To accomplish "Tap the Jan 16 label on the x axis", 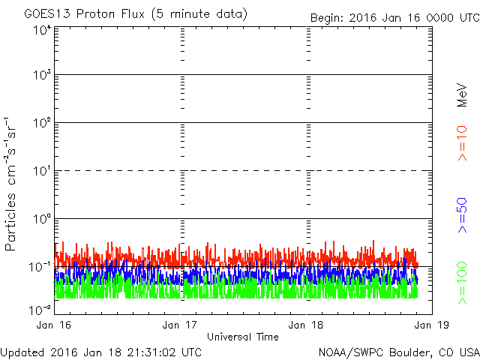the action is (54, 325).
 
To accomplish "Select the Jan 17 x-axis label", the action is (180, 325).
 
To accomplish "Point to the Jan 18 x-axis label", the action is (306, 325).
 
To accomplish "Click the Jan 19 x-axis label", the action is (432, 325).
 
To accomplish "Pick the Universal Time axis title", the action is (243, 337).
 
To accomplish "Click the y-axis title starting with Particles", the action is (10, 184).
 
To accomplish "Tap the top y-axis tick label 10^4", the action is (42, 31).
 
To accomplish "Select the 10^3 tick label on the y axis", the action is (42, 75).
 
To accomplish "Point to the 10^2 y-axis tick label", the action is (42, 123).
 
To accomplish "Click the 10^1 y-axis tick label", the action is (42, 171).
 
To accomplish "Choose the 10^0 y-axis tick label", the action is (42, 219).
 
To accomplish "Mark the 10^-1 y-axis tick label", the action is (40, 267).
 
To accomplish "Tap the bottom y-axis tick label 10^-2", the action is (40, 310).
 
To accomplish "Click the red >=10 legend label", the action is (462, 143).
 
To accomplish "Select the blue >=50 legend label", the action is (462, 215).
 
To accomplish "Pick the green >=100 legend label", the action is (462, 283).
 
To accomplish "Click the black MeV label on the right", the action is (462, 95).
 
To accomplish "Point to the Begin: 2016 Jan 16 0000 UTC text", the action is (395, 18).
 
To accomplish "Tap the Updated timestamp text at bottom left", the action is (101, 352).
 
